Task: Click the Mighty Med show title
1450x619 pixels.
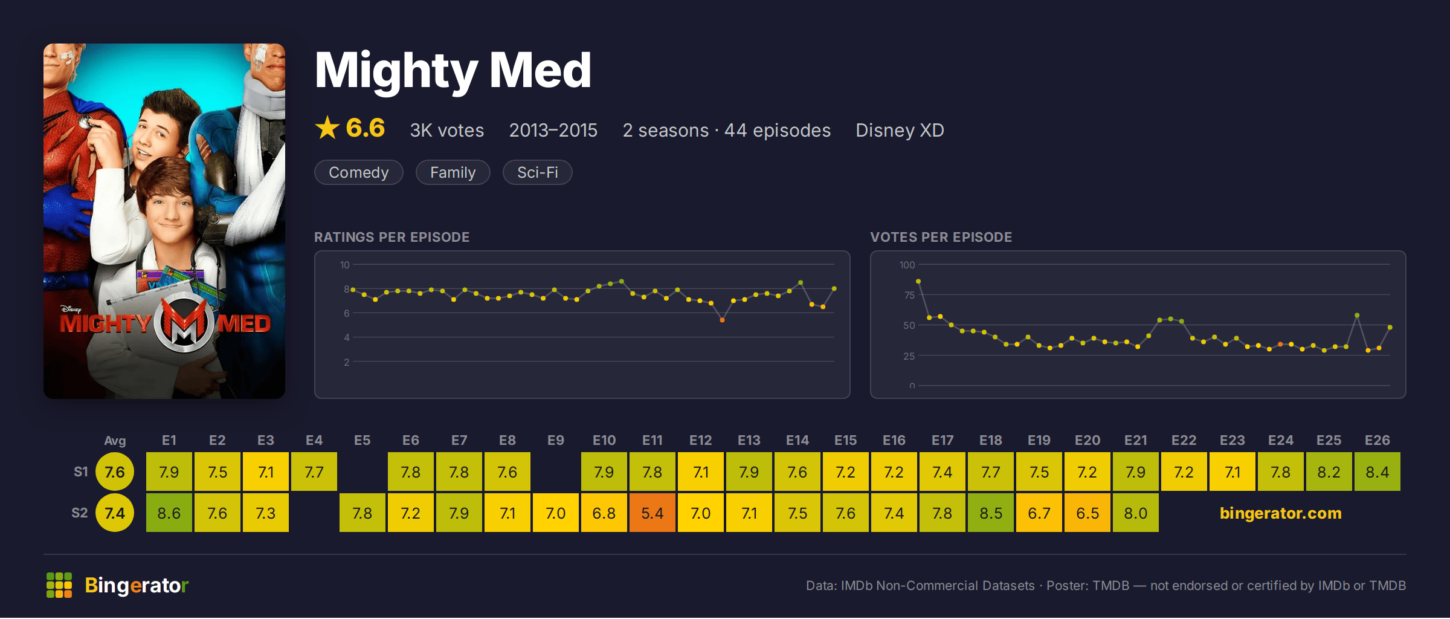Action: pos(453,71)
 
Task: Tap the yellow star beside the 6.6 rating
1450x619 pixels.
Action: pos(327,128)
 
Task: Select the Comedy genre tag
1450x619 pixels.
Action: pos(359,172)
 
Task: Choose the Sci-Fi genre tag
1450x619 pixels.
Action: pos(538,172)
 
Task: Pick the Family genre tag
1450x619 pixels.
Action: pos(453,172)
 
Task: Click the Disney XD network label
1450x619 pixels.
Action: pos(900,130)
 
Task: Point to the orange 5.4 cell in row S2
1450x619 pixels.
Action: pos(652,513)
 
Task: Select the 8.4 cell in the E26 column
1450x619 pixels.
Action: pos(1377,472)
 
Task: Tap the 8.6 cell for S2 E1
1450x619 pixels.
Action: pos(169,513)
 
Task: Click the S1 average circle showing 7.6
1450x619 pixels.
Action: pos(115,472)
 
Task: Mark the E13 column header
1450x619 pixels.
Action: pos(749,440)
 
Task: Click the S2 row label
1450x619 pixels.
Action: pos(80,513)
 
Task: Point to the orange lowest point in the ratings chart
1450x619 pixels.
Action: pos(722,320)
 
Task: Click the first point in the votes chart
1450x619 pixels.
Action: pos(918,281)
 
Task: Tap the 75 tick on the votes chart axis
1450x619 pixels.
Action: pos(909,295)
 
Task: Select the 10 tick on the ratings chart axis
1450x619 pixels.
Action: pos(345,265)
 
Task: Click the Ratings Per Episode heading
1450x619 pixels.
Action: pos(392,237)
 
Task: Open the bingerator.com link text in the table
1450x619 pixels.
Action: pos(1281,513)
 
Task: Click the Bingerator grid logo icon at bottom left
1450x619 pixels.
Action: pos(59,585)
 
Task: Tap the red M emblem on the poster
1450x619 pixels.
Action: pos(184,323)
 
